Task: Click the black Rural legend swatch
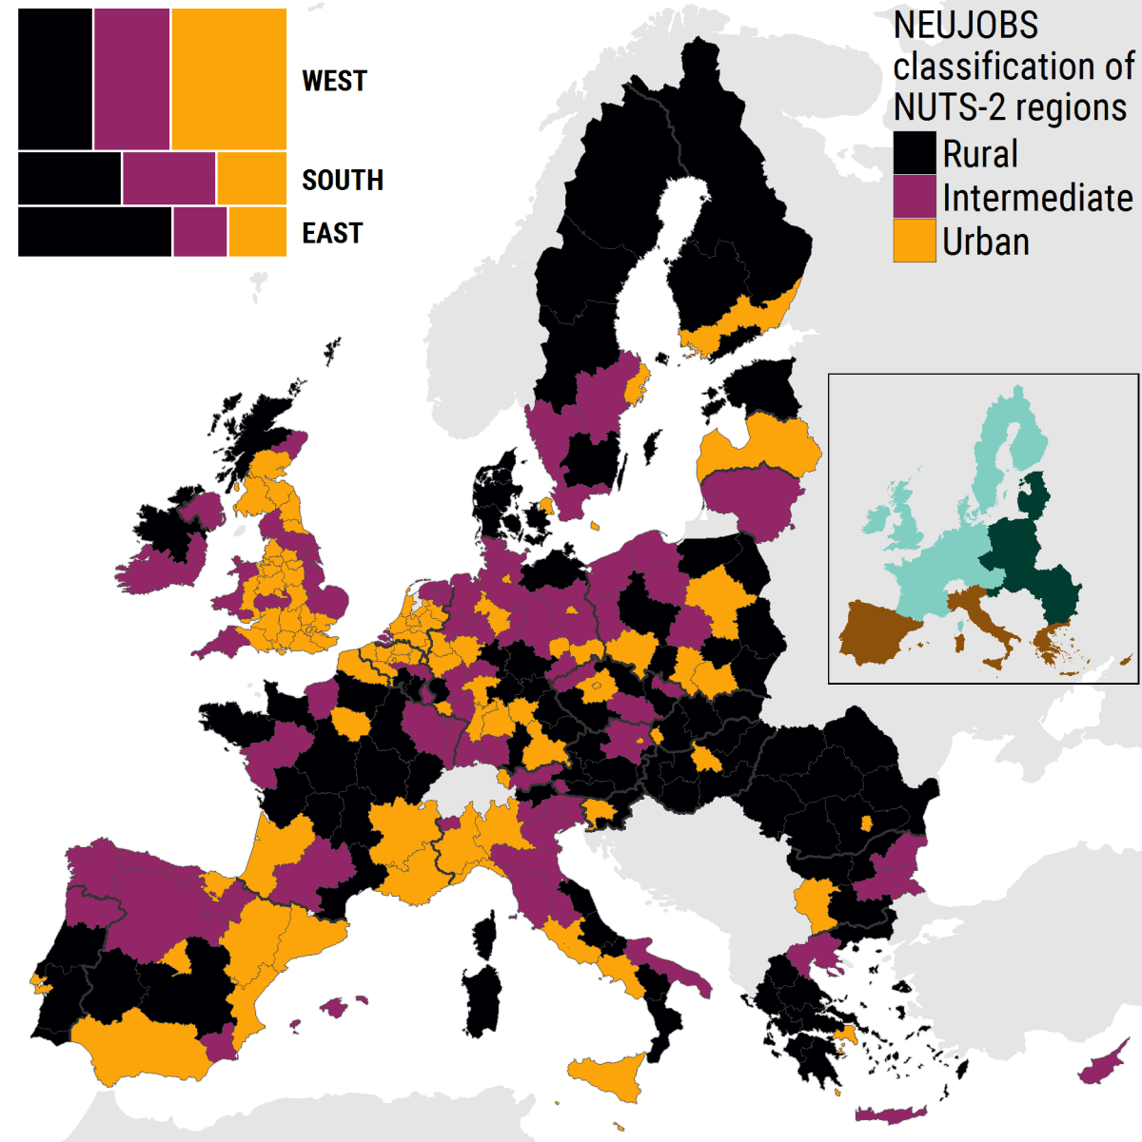(915, 153)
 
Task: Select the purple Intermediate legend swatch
(915, 197)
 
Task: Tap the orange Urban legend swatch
(915, 241)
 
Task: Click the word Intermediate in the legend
(1037, 198)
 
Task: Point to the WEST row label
(334, 81)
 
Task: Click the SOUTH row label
(343, 180)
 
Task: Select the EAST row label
(332, 233)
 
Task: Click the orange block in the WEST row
(229, 79)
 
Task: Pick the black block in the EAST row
(94, 232)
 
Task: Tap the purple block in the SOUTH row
(168, 179)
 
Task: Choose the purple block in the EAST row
(200, 232)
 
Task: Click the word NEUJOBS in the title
(965, 26)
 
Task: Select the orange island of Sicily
(609, 1077)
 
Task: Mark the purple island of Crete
(890, 1114)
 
